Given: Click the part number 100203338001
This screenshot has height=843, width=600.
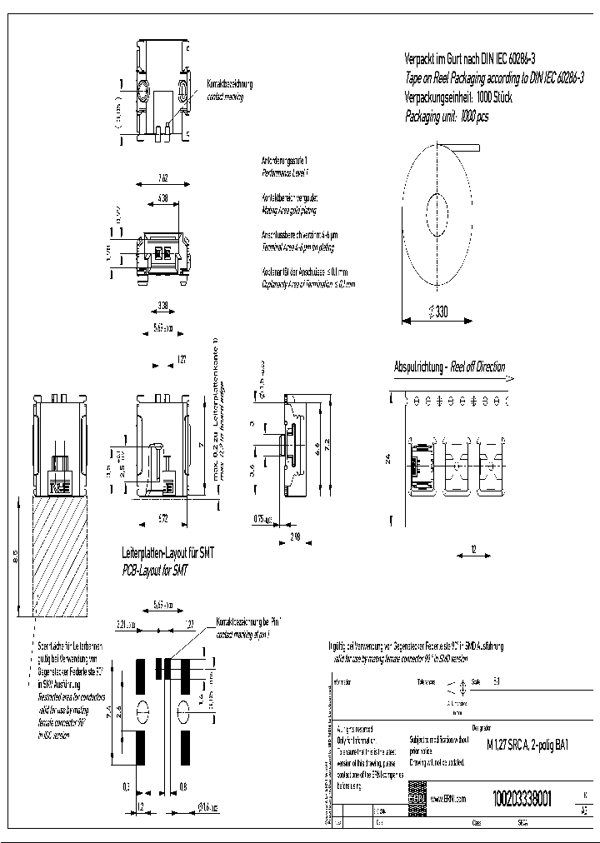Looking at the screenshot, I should [522, 797].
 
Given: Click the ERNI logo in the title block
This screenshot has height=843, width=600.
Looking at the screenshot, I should [417, 798].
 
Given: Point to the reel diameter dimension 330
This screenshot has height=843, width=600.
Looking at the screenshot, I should [437, 312].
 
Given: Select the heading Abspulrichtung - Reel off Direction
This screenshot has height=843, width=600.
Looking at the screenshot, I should [449, 367].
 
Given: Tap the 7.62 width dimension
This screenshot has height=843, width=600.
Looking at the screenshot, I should [163, 177].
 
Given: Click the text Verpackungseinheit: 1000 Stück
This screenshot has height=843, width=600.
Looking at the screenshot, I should [457, 97].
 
